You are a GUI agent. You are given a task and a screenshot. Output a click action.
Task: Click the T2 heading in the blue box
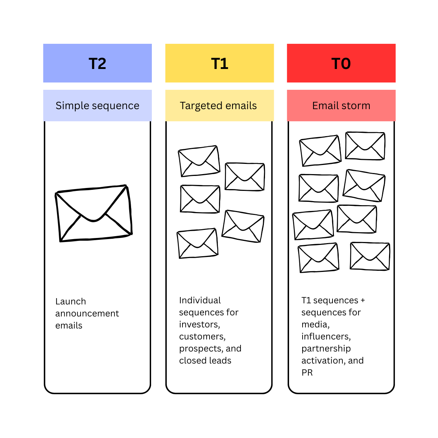point(97,64)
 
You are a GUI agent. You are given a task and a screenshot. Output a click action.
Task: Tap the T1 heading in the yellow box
point(220,64)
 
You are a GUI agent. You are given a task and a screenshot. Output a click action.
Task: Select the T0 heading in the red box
point(341,64)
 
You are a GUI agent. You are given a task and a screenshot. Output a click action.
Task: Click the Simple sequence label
point(97,105)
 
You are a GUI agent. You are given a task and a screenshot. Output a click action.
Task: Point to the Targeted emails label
point(218,105)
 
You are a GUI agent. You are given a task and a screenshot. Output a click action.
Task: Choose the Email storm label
point(341,105)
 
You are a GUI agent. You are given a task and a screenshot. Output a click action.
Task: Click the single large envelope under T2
point(94,214)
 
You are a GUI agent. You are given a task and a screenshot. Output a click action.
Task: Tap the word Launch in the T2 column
point(71,301)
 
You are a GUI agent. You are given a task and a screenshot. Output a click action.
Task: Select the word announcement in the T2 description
point(87,314)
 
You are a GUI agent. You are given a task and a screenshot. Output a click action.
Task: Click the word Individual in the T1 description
point(200,300)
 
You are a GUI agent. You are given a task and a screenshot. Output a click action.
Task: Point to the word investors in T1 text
point(199,324)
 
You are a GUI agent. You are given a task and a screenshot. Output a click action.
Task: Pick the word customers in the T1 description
point(202,337)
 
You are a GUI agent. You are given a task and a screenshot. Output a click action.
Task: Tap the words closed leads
point(205,361)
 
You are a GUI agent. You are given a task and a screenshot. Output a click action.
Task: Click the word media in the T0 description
point(315,324)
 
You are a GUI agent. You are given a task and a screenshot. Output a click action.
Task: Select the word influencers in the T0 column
point(326,337)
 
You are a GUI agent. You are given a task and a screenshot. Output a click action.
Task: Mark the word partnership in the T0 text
point(326,349)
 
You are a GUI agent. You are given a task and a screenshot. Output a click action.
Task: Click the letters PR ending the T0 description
point(307,373)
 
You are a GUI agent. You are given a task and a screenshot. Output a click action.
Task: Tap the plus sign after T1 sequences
point(362,300)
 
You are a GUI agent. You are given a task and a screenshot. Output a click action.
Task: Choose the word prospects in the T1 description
point(201,349)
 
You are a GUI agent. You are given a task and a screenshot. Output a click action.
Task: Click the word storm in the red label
point(356,105)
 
